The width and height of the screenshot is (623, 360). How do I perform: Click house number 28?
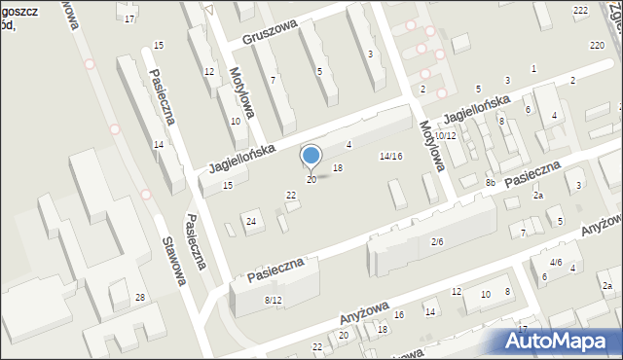pyautogui.click(x=140, y=297)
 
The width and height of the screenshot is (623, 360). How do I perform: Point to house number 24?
pyautogui.click(x=251, y=222)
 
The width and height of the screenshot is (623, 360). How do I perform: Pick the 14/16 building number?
pyautogui.click(x=390, y=156)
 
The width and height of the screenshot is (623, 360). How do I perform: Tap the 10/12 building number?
pyautogui.click(x=445, y=135)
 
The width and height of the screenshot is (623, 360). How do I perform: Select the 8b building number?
pyautogui.click(x=492, y=182)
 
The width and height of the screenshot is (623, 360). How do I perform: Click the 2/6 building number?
pyautogui.click(x=437, y=241)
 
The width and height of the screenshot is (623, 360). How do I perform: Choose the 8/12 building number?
pyautogui.click(x=275, y=300)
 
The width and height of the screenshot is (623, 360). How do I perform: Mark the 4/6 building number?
pyautogui.click(x=556, y=262)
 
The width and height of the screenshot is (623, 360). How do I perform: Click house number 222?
pyautogui.click(x=581, y=10)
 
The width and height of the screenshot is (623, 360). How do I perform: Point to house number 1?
pyautogui.click(x=533, y=67)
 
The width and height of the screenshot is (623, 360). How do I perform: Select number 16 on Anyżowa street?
pyautogui.click(x=398, y=314)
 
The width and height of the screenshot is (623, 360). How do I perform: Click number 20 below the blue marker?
pyautogui.click(x=311, y=179)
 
